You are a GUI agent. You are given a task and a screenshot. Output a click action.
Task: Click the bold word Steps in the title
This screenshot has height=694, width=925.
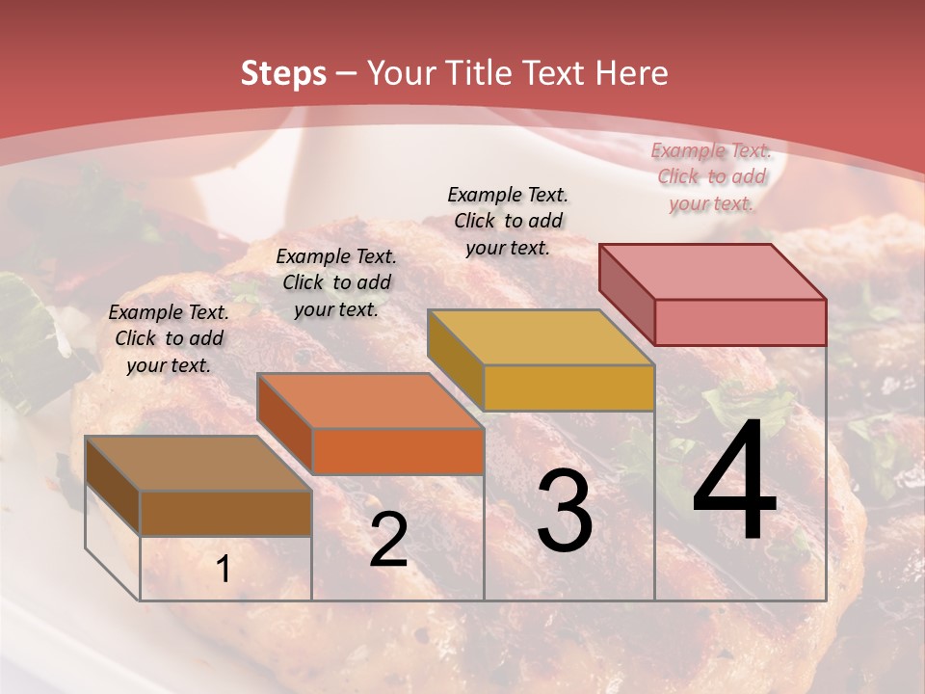[x=283, y=73]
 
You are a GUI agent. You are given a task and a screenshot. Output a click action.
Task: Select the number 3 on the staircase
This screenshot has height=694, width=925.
[x=565, y=511]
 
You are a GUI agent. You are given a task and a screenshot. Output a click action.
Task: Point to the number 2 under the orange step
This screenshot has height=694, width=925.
[x=388, y=540]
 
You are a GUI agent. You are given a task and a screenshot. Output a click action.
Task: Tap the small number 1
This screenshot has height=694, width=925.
[x=223, y=569]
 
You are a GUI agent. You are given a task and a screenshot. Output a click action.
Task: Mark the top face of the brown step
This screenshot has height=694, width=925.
[x=198, y=464]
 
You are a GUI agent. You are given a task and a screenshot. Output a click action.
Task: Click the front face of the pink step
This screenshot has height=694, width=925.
[x=740, y=322]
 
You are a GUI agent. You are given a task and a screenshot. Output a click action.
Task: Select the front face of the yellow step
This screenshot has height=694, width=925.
[x=568, y=388]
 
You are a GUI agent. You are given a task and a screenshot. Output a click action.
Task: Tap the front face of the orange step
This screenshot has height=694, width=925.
[x=398, y=451]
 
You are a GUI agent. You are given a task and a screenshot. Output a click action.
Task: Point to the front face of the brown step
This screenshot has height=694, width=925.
[x=225, y=513]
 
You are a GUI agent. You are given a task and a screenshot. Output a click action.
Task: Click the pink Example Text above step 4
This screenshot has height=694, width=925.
[x=711, y=176]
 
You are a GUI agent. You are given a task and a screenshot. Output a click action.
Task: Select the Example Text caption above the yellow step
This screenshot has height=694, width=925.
[x=508, y=221]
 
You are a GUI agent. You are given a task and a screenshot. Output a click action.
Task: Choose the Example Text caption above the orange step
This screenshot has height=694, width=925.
[x=336, y=282]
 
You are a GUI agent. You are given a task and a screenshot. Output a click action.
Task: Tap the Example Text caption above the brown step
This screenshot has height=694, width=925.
[x=169, y=338]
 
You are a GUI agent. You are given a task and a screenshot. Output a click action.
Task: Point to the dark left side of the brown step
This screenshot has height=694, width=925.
[x=113, y=487]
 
